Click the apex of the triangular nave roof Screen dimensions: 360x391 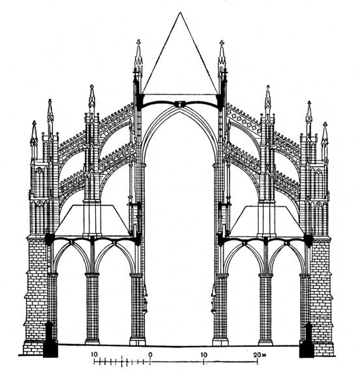coord(179,12)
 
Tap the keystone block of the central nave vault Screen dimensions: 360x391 coord(179,104)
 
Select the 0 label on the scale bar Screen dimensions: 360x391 coord(150,354)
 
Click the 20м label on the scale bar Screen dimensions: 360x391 coord(259,354)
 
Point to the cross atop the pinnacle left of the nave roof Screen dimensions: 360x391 coord(138,42)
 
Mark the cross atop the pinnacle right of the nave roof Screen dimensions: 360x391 coord(222,42)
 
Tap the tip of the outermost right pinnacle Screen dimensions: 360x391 coord(325,123)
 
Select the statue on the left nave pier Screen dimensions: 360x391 coord(145,297)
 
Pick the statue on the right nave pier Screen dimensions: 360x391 coord(213,299)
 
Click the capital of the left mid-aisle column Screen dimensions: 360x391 coord(92,275)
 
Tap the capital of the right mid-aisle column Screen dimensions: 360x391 coord(265,275)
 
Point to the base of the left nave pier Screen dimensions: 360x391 coord(138,341)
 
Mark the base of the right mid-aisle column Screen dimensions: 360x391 coord(265,341)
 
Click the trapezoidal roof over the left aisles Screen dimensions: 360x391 coord(92,220)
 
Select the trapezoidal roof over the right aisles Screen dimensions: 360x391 coord(267,220)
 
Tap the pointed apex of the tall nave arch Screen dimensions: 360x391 coord(179,110)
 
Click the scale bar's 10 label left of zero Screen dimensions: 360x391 coord(94,354)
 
